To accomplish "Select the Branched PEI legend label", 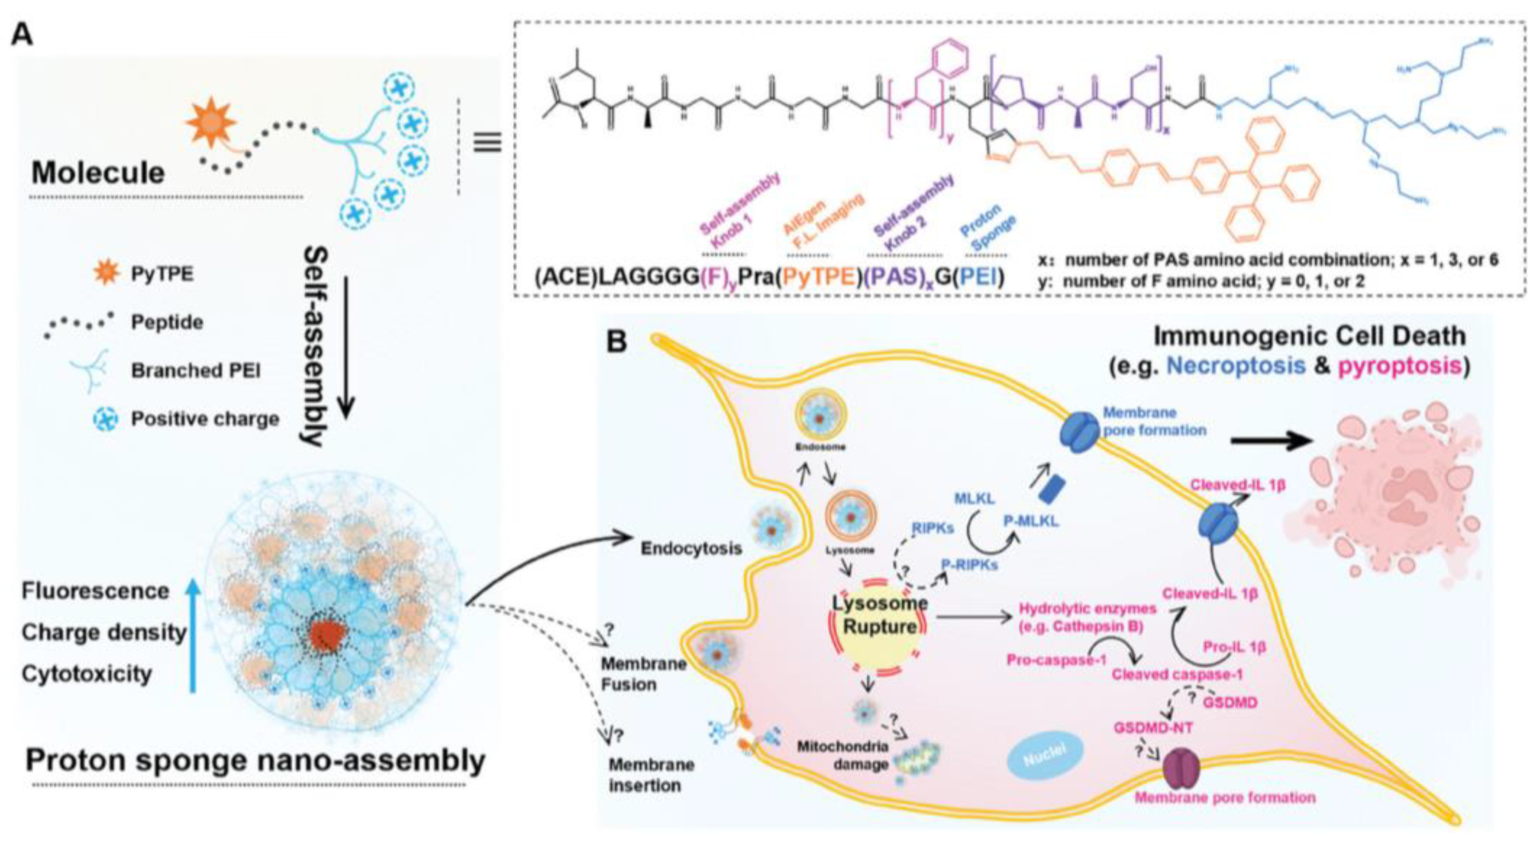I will (x=196, y=371).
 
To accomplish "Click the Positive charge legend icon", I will (x=107, y=419).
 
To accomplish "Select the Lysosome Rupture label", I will (x=879, y=615).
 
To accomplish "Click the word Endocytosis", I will (x=691, y=548).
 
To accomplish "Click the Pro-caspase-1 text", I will (x=1056, y=661).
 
